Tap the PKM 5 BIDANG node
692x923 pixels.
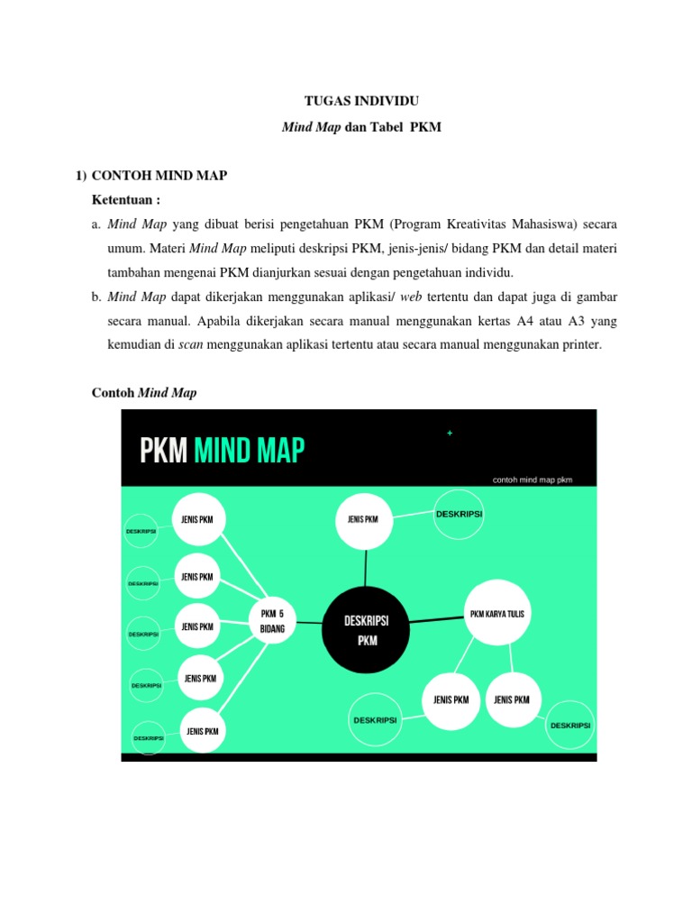point(266,621)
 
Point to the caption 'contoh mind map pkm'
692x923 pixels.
point(533,480)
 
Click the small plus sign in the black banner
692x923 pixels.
point(450,434)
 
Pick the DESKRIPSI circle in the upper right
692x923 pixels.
point(459,514)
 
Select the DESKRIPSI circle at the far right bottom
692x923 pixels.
point(570,725)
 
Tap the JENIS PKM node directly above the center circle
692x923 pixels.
point(364,520)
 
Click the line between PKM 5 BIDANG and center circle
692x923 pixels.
point(307,622)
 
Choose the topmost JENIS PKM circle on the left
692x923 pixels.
point(197,519)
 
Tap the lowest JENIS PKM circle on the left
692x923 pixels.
point(202,731)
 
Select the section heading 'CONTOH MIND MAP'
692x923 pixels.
point(159,175)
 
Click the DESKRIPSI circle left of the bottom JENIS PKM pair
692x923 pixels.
point(375,720)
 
